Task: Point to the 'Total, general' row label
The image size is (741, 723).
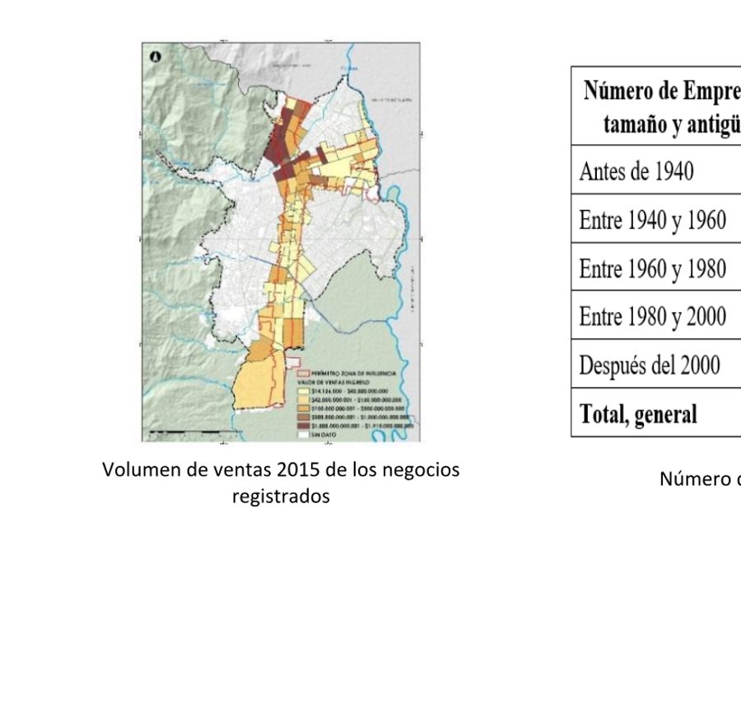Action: point(638,413)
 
